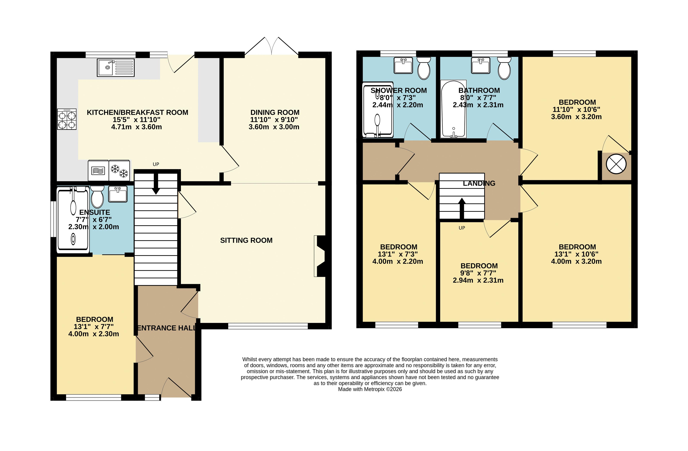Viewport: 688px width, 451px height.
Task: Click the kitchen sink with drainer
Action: (x=116, y=68)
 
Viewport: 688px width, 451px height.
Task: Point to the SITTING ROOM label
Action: (x=246, y=240)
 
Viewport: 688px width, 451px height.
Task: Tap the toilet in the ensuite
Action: (x=97, y=197)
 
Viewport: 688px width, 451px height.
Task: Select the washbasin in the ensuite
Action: (x=118, y=194)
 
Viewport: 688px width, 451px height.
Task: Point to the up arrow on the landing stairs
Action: (x=462, y=208)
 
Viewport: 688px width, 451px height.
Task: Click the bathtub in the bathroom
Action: (x=453, y=109)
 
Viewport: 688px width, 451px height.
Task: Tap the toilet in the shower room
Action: (x=424, y=68)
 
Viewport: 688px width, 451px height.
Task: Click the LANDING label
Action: (x=479, y=183)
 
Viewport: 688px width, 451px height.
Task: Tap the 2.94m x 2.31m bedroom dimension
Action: (x=478, y=280)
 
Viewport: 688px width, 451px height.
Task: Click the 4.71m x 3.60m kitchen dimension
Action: (x=137, y=127)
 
